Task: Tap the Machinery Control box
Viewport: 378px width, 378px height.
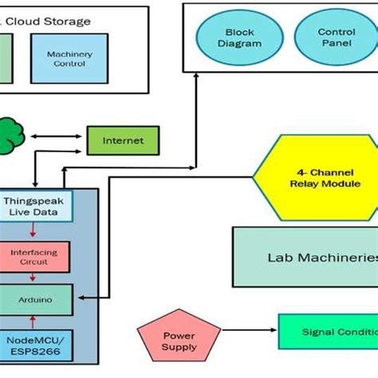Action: tap(69, 58)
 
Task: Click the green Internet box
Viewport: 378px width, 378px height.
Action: tap(123, 141)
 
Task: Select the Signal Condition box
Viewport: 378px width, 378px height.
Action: tap(327, 332)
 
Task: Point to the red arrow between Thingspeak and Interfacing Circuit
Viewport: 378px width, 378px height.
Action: tap(32, 232)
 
